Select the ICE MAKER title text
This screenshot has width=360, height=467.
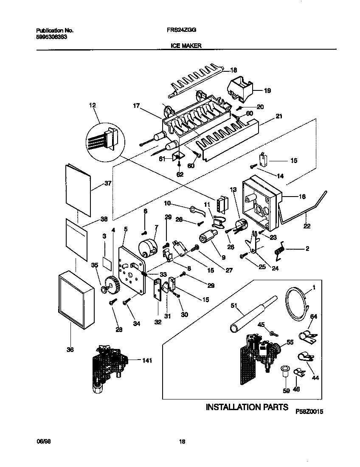pyautogui.click(x=186, y=45)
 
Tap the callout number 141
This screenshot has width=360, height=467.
pyautogui.click(x=146, y=360)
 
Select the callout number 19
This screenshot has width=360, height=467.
pyautogui.click(x=267, y=90)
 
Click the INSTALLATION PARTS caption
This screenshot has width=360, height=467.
pyautogui.click(x=247, y=407)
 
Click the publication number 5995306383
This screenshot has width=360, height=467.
pyautogui.click(x=51, y=37)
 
